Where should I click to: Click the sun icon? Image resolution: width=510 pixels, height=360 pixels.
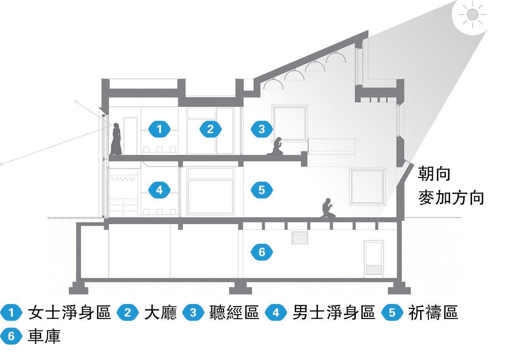click(472, 15)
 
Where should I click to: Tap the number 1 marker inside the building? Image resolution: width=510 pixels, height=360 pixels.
click(159, 129)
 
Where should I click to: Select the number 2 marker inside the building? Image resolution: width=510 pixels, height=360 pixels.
click(210, 129)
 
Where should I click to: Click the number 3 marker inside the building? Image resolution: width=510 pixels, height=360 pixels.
click(261, 129)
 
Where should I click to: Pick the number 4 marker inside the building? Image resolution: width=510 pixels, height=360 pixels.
click(159, 190)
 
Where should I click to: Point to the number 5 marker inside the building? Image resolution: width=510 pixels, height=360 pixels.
click(261, 190)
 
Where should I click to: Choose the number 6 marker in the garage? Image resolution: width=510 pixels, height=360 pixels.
click(261, 252)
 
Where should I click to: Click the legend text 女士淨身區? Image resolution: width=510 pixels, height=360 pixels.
click(69, 313)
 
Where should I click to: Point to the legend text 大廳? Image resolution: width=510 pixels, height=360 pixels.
click(160, 313)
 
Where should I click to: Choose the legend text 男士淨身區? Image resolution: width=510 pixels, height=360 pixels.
click(333, 313)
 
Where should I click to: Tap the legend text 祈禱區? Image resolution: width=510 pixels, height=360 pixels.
click(433, 313)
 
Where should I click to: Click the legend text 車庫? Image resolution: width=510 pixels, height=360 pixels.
click(44, 336)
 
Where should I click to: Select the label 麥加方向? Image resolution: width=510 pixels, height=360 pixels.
click(451, 198)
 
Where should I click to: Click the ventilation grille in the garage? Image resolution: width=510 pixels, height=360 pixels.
click(300, 237)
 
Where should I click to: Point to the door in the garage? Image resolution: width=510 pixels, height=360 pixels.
click(374, 259)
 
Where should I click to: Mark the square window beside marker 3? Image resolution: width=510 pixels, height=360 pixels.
click(290, 123)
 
